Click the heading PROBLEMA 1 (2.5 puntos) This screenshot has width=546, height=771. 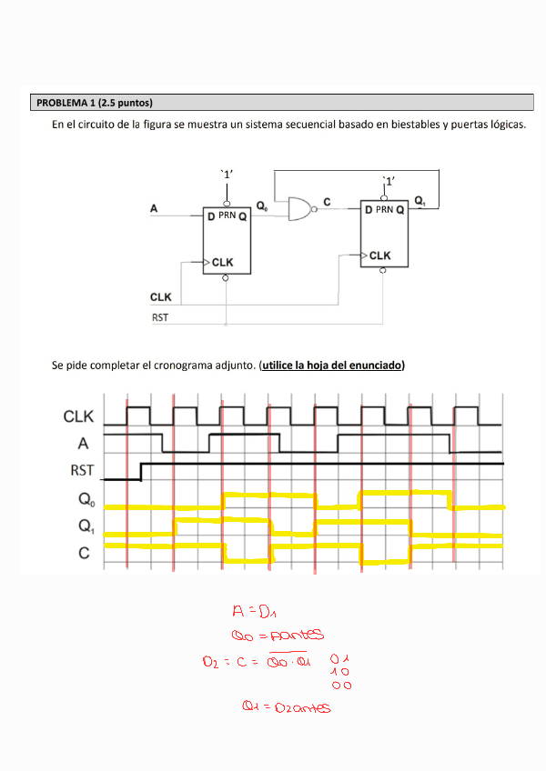[94, 102]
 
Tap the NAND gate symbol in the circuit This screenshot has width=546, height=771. [298, 209]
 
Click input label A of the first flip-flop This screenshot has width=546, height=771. [154, 209]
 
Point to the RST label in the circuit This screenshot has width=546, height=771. [159, 317]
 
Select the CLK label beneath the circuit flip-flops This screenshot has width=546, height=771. [160, 297]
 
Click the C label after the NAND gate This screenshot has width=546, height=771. [327, 200]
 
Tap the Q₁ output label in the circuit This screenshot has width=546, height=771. [420, 199]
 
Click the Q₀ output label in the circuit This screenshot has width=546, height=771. [262, 206]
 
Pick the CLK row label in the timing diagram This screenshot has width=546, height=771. [79, 417]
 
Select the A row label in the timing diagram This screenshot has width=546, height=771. [84, 444]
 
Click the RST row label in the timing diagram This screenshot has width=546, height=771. [82, 471]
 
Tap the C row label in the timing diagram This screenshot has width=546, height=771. [84, 552]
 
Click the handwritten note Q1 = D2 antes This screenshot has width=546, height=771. [285, 706]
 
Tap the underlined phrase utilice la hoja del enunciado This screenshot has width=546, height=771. [332, 365]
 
